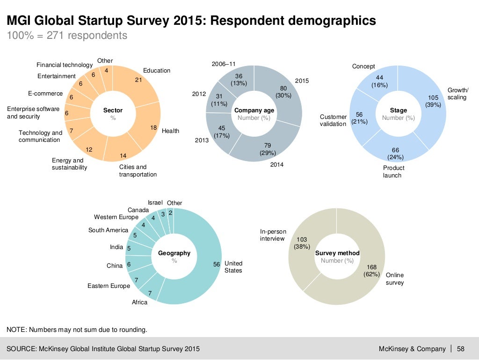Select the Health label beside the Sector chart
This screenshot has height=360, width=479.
170,131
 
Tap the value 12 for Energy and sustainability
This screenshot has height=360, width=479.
89,150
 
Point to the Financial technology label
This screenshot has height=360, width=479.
65,65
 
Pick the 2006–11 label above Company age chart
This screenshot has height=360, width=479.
224,63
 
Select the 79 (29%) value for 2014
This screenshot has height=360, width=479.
268,149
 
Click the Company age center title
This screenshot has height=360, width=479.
254,110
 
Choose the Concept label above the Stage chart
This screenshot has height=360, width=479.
363,66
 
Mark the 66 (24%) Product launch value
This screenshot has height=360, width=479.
395,154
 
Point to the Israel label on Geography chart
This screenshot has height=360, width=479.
155,203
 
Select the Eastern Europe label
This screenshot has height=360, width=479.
109,286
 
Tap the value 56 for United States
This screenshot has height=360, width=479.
217,264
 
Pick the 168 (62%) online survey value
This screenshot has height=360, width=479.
371,271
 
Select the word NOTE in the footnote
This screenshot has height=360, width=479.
16,330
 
